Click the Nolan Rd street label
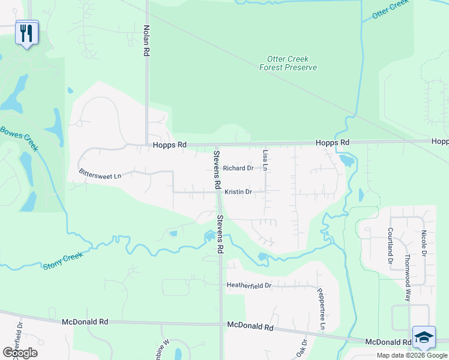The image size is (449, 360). pos(146,41)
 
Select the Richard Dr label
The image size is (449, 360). pos(238,168)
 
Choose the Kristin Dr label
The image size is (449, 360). pos(238,192)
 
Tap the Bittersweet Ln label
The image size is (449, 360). pos(100,175)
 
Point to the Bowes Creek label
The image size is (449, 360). pos(19,137)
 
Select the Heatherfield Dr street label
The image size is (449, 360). pos(249,286)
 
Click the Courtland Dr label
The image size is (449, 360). pos(390,245)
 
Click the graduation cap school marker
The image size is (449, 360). pos(424,337)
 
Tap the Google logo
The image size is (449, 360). pos(20,352)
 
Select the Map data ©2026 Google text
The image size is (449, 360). pos(411,355)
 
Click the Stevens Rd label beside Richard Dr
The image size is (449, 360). pos(217,167)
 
